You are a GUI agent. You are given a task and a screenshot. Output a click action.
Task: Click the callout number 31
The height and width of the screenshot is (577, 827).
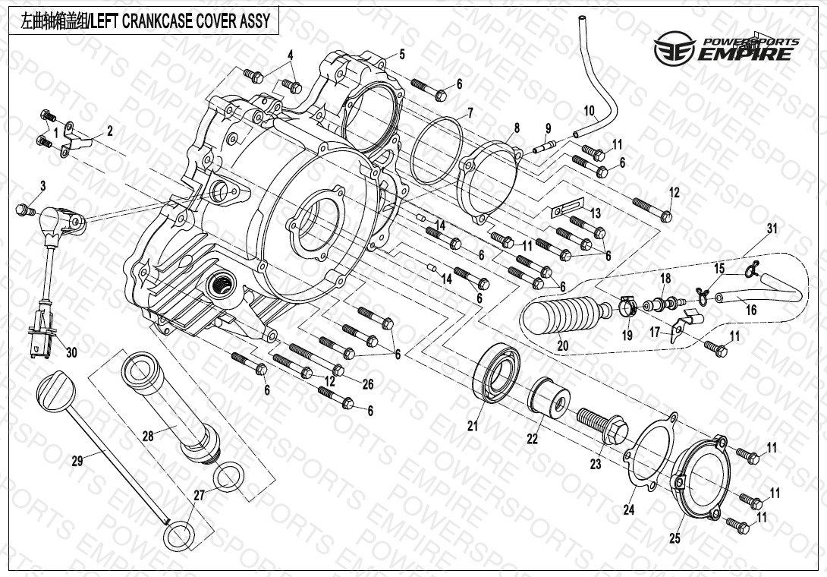(772, 229)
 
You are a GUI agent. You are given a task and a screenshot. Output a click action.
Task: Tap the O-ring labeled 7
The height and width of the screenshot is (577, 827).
(438, 151)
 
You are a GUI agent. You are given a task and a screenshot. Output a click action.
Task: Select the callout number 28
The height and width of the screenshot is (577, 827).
(147, 437)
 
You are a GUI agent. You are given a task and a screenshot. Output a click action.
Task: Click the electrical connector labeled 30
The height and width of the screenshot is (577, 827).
(40, 344)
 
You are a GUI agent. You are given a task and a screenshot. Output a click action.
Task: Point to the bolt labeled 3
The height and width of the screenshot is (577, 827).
(24, 209)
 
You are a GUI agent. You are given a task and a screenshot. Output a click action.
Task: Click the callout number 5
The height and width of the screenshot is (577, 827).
(401, 54)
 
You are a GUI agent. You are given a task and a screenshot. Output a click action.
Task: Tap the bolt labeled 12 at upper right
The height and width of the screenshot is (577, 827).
(653, 209)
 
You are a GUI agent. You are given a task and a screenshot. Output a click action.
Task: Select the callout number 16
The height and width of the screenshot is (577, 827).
(751, 311)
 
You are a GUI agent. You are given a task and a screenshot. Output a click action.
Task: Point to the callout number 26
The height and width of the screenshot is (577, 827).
(368, 385)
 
